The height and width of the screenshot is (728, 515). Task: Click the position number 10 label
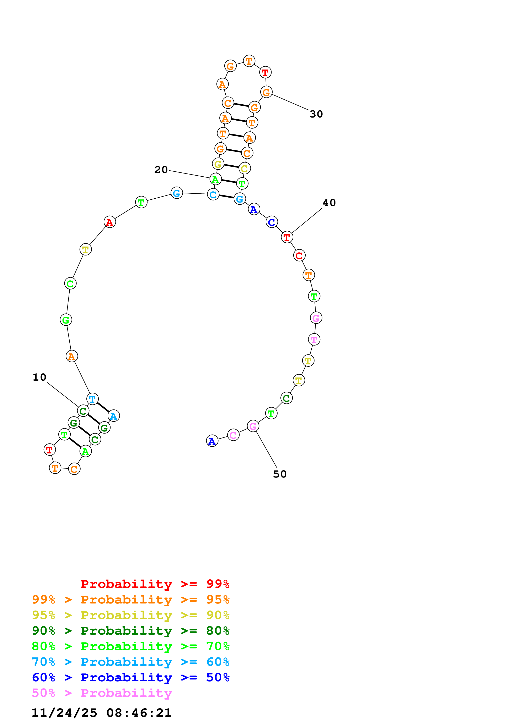(x=39, y=377)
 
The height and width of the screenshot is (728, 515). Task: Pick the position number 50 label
(x=280, y=474)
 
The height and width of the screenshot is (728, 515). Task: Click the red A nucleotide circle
(x=110, y=222)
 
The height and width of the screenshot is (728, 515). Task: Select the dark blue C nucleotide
(x=272, y=222)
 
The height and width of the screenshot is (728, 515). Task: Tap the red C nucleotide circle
(x=299, y=255)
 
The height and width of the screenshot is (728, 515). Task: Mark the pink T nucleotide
(x=314, y=340)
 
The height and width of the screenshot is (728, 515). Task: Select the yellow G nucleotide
(x=218, y=164)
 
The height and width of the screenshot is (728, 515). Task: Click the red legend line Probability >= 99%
(x=155, y=584)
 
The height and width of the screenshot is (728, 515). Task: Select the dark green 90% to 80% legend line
(x=130, y=631)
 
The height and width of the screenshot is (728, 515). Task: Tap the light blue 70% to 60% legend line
(x=130, y=662)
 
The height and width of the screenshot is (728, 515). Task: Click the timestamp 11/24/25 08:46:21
(x=102, y=713)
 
